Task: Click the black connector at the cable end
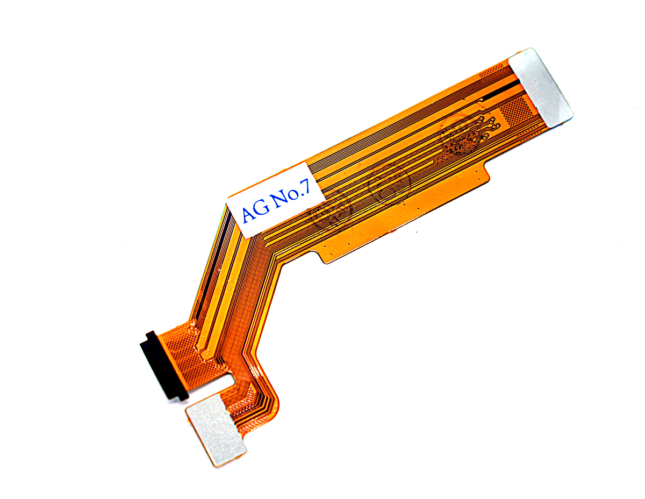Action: [x=163, y=364]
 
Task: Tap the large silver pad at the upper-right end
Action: [x=541, y=88]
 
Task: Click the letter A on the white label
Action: [x=249, y=213]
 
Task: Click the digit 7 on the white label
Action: [x=305, y=188]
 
